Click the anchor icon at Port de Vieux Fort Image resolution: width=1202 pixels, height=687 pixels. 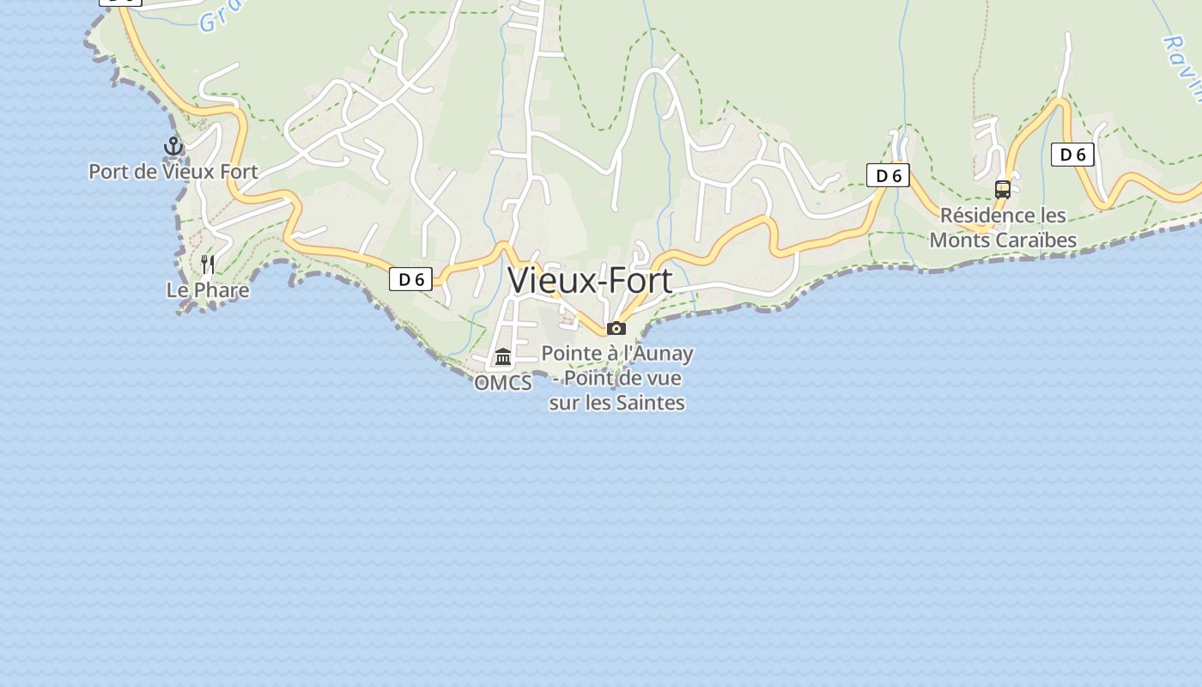click(173, 146)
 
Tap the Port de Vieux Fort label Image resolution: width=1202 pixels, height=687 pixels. click(173, 172)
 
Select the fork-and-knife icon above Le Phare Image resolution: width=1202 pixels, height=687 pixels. click(207, 264)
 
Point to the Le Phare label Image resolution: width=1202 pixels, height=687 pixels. click(208, 290)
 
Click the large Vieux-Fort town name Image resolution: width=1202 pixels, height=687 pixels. click(590, 280)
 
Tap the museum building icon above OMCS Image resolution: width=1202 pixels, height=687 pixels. click(503, 356)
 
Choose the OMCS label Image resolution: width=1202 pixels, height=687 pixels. click(503, 383)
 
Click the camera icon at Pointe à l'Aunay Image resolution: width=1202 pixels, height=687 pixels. click(616, 328)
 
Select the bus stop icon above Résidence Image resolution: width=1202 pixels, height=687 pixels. click(1002, 190)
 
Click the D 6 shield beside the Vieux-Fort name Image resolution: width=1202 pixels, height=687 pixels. click(410, 279)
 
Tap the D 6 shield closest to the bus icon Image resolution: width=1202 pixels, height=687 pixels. click(1072, 155)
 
